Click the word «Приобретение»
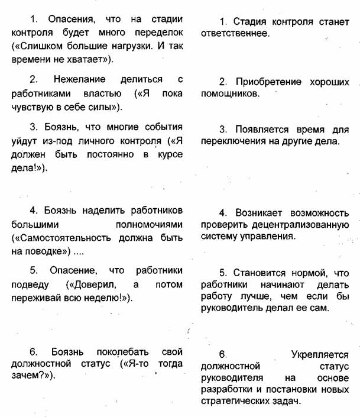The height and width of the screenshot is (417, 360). click(x=270, y=81)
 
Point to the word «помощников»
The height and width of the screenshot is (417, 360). click(x=229, y=93)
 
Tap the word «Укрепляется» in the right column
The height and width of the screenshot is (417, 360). click(x=320, y=355)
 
